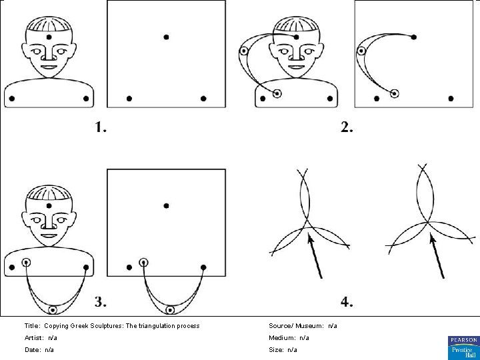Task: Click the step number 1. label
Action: pyautogui.click(x=100, y=127)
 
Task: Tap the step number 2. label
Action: pyautogui.click(x=347, y=127)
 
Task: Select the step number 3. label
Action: pyautogui.click(x=100, y=302)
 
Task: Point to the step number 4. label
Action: pyautogui.click(x=347, y=302)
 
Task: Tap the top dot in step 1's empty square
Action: pyautogui.click(x=166, y=36)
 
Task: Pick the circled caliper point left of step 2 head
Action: pyautogui.click(x=244, y=50)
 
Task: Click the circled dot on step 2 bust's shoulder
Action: pyautogui.click(x=277, y=94)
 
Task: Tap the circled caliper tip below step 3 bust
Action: pyautogui.click(x=53, y=310)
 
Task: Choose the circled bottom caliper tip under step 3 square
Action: pyautogui.click(x=171, y=310)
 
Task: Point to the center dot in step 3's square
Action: pyautogui.click(x=166, y=206)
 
